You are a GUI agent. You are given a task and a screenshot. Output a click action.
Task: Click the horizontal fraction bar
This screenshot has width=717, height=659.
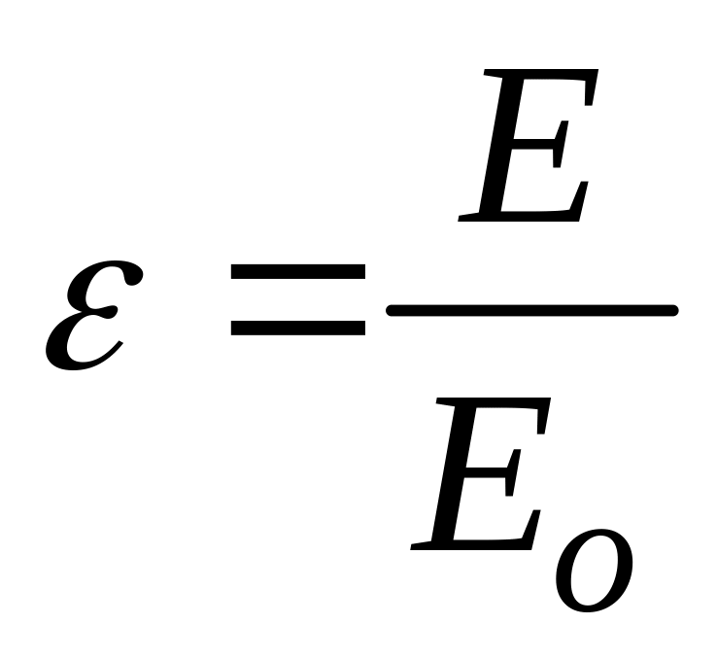531,310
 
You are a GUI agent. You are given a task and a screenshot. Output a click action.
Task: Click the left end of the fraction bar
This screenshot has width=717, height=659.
393,310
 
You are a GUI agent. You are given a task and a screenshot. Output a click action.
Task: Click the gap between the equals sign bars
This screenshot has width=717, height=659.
297,301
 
